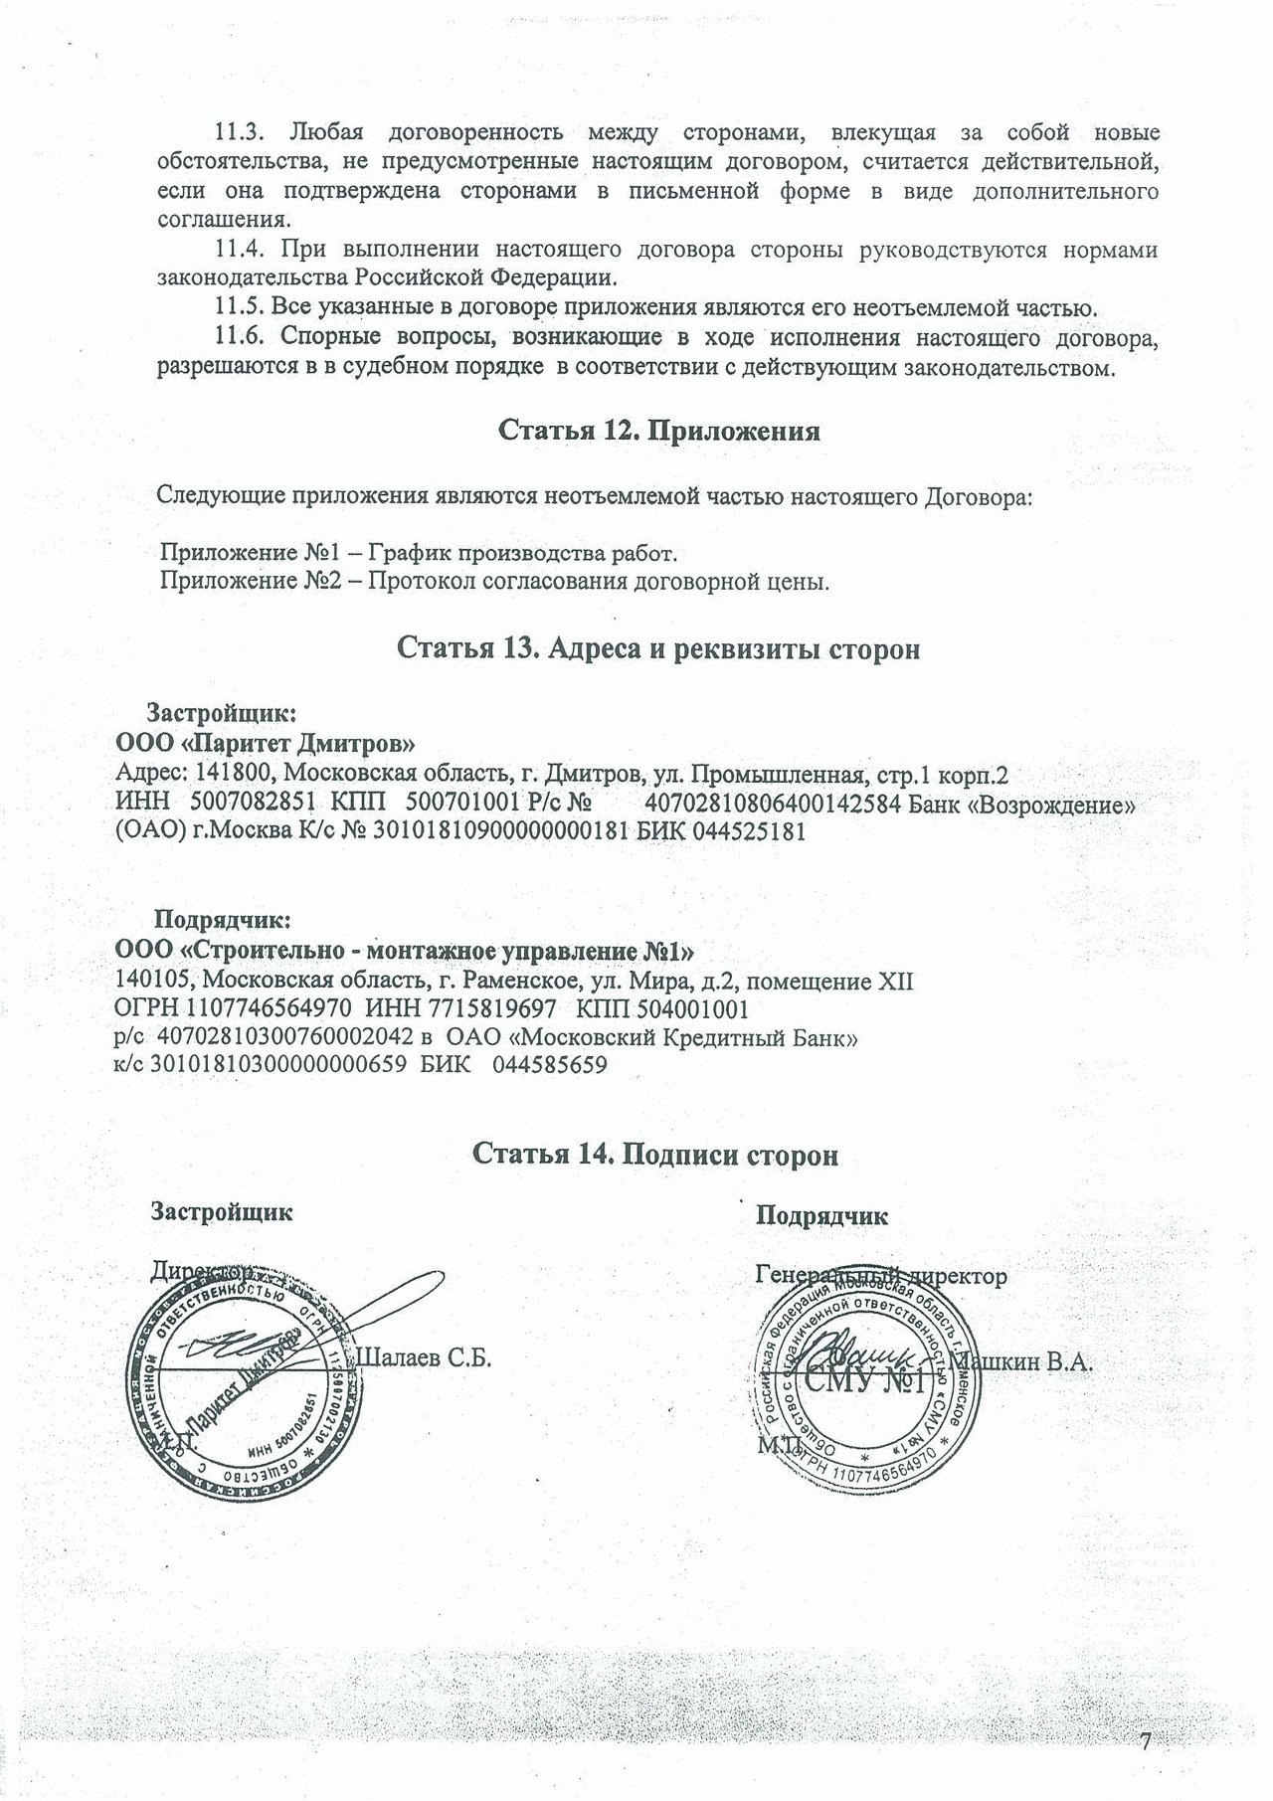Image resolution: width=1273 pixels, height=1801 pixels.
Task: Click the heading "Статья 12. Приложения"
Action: pyautogui.click(x=658, y=431)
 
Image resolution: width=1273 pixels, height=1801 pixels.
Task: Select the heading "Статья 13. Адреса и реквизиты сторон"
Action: pyautogui.click(x=658, y=648)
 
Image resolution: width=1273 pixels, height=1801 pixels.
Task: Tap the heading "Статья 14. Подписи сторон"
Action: pyautogui.click(x=654, y=1154)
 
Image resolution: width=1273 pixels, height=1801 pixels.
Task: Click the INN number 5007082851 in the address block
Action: pyautogui.click(x=252, y=803)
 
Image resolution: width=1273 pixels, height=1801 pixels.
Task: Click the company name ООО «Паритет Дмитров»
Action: pyautogui.click(x=266, y=743)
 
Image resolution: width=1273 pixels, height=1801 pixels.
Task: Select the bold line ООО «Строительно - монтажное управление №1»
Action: pyautogui.click(x=405, y=951)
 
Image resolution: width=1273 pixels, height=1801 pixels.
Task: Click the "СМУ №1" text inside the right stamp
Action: pyautogui.click(x=864, y=1382)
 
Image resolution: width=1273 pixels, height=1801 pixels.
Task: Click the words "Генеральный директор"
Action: pyautogui.click(x=880, y=1275)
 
